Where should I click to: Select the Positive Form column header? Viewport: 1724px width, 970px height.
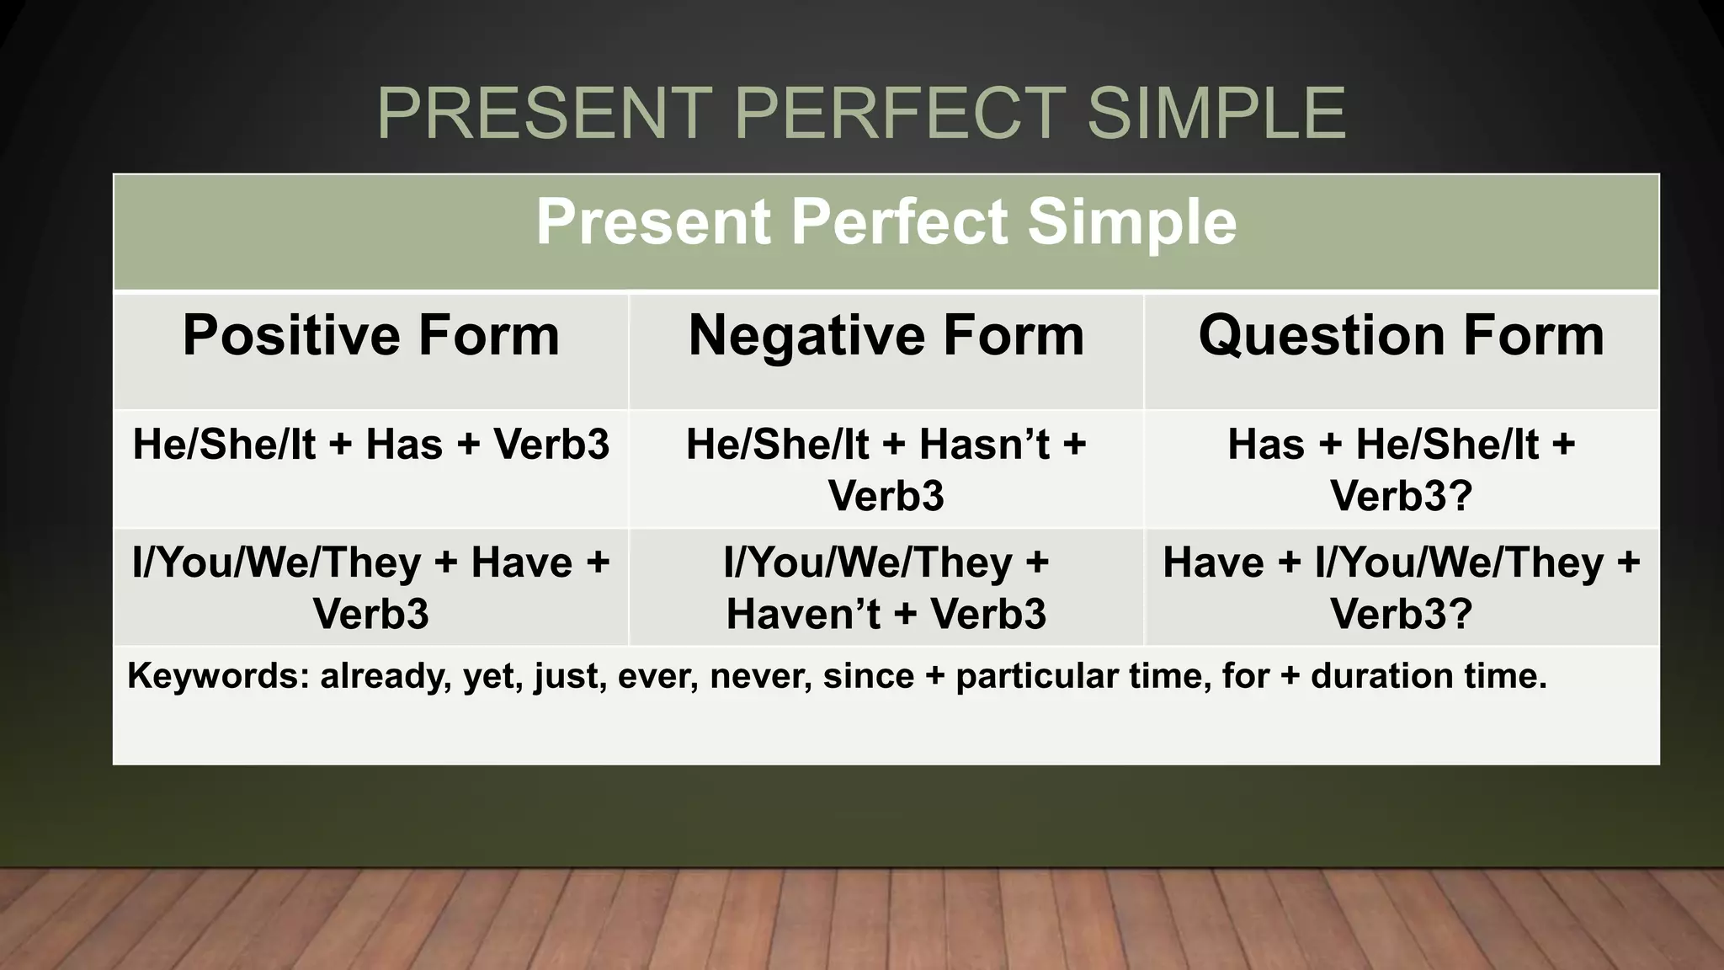pos(371,335)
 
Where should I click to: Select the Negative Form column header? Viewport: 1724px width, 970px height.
pos(886,335)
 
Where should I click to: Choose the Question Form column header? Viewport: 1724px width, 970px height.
pos(1401,335)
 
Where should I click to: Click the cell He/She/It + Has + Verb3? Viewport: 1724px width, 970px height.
pos(371,444)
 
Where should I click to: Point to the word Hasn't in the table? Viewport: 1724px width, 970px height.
pos(983,444)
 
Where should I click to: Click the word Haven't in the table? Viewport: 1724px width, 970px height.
pos(804,614)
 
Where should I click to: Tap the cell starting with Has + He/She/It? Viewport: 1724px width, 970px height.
pos(1401,469)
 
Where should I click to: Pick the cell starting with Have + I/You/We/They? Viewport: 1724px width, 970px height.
pos(1401,587)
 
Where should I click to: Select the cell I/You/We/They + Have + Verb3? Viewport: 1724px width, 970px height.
pos(371,587)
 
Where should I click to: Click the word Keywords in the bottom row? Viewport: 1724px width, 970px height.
pos(217,676)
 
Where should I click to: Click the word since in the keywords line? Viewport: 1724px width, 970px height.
pos(868,676)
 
